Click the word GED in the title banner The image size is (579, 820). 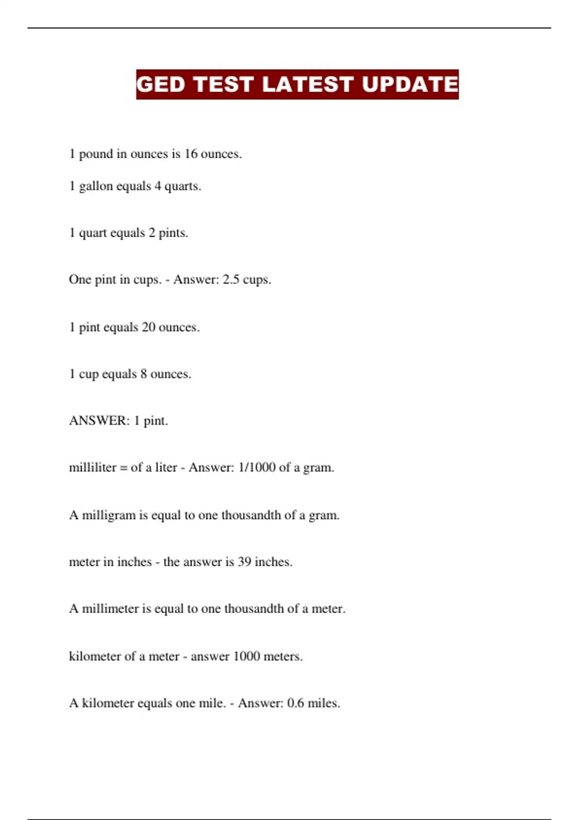pyautogui.click(x=161, y=84)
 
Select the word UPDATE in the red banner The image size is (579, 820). pyautogui.click(x=410, y=84)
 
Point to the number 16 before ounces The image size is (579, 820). pyautogui.click(x=191, y=154)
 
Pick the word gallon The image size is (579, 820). pyautogui.click(x=96, y=187)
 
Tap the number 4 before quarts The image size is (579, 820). pyautogui.click(x=158, y=186)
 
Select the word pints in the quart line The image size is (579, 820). pyautogui.click(x=173, y=233)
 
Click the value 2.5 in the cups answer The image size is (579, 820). pyautogui.click(x=231, y=280)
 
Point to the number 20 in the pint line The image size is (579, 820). pyautogui.click(x=149, y=327)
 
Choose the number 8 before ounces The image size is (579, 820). pyautogui.click(x=144, y=374)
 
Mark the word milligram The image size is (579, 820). pyautogui.click(x=109, y=515)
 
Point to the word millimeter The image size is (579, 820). pyautogui.click(x=110, y=609)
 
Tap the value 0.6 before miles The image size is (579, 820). pyautogui.click(x=296, y=703)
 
